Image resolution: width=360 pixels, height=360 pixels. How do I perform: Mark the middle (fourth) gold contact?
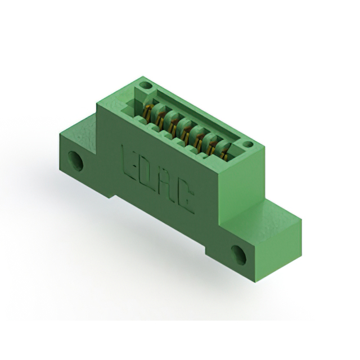click(186, 130)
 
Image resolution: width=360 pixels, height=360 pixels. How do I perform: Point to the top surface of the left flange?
click(84, 127)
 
